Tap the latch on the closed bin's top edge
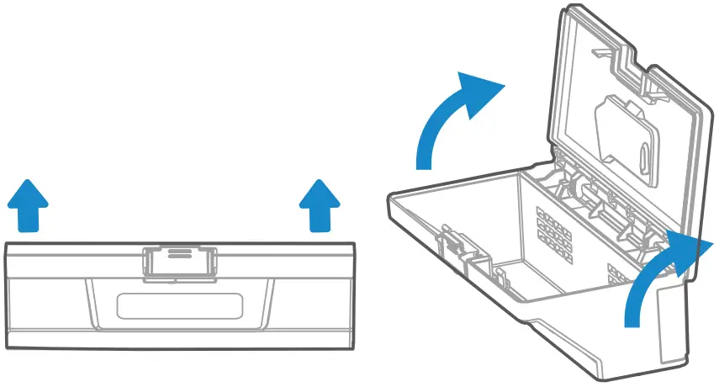pos(177,261)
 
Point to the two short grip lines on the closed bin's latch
pos(177,253)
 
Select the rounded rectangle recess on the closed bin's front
pos(180,305)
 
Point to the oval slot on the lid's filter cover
pos(644,156)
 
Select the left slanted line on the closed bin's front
pos(90,303)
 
